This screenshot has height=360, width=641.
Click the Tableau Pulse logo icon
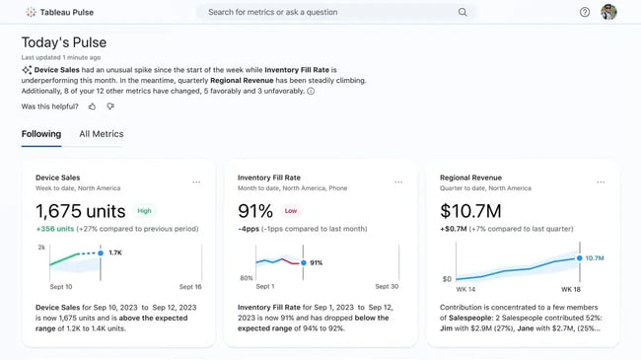[x=31, y=12]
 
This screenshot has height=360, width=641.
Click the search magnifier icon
[x=463, y=12]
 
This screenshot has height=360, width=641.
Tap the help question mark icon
[x=585, y=12]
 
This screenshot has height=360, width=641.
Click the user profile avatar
[x=608, y=12]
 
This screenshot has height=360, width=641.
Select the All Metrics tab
[x=102, y=134]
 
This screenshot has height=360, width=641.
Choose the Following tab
[x=41, y=134]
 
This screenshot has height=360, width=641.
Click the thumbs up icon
[x=93, y=106]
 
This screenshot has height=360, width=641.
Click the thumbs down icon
[x=110, y=106]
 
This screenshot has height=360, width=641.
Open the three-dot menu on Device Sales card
[x=196, y=181]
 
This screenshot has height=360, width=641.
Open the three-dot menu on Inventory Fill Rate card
[x=398, y=181]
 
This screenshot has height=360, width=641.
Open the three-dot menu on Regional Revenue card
[x=601, y=181]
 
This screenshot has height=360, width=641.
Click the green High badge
[x=145, y=210]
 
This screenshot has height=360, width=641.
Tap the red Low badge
[x=291, y=210]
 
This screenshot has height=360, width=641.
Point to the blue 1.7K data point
[x=101, y=253]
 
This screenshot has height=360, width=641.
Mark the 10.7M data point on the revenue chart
[x=580, y=258]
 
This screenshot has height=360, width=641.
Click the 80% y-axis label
[x=246, y=279]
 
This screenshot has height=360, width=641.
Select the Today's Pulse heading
[x=64, y=42]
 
